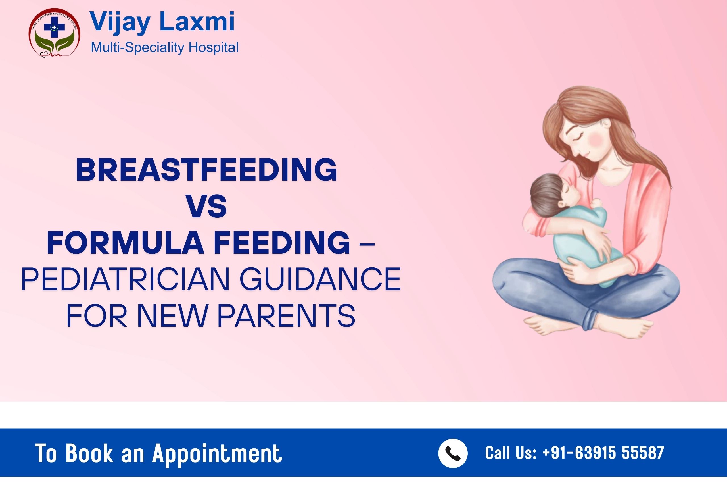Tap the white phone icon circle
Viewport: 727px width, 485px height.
453,453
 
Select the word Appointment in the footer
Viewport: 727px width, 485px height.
217,454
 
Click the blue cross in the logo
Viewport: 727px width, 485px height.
54,27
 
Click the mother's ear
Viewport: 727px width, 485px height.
607,123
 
